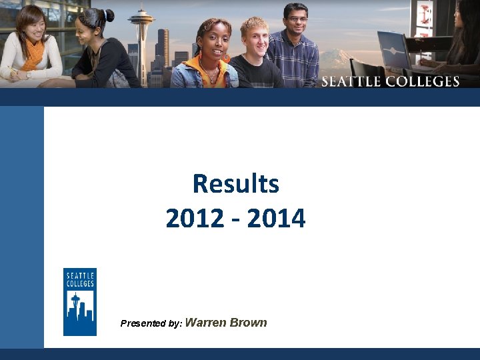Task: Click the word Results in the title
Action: [235, 184]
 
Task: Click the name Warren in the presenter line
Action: [205, 323]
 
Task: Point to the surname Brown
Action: [248, 323]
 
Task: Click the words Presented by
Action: [151, 323]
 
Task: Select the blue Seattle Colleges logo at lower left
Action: [80, 301]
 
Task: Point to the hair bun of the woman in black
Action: [108, 14]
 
